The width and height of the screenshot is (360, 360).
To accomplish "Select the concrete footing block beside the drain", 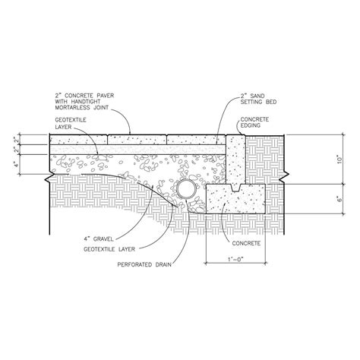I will coord(235,202).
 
